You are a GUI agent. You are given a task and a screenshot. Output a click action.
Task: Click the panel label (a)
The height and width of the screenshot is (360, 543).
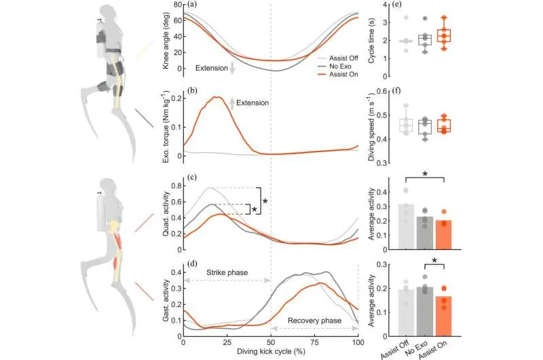coord(194,5)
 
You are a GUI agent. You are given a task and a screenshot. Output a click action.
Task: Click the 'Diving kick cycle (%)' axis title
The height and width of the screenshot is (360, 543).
coord(271,353)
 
